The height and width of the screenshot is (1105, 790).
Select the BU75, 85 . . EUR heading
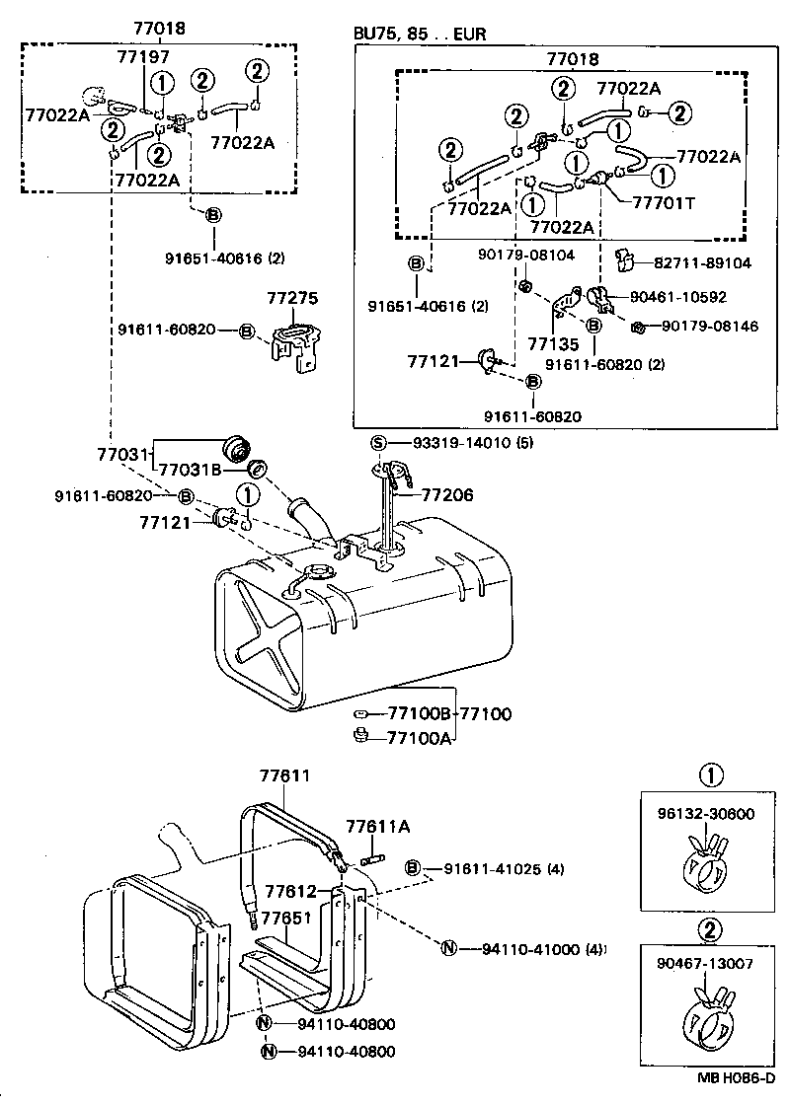[420, 34]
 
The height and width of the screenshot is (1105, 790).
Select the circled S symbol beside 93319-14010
[378, 443]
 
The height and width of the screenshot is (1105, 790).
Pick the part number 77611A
[377, 827]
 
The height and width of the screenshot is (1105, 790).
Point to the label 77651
[287, 917]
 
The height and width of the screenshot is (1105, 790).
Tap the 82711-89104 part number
[702, 263]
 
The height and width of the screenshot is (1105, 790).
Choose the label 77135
[551, 342]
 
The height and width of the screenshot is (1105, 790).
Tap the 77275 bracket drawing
[295, 346]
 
